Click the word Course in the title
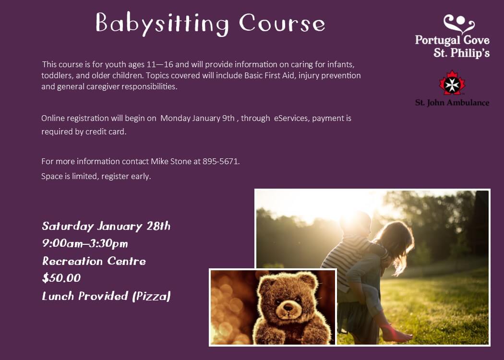[282, 24]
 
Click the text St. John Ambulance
[452, 103]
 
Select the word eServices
[291, 118]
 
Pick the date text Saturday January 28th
[106, 226]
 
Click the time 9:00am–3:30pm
[85, 243]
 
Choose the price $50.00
[61, 278]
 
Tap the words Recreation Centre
[94, 261]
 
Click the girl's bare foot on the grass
[398, 336]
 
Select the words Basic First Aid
[278, 76]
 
